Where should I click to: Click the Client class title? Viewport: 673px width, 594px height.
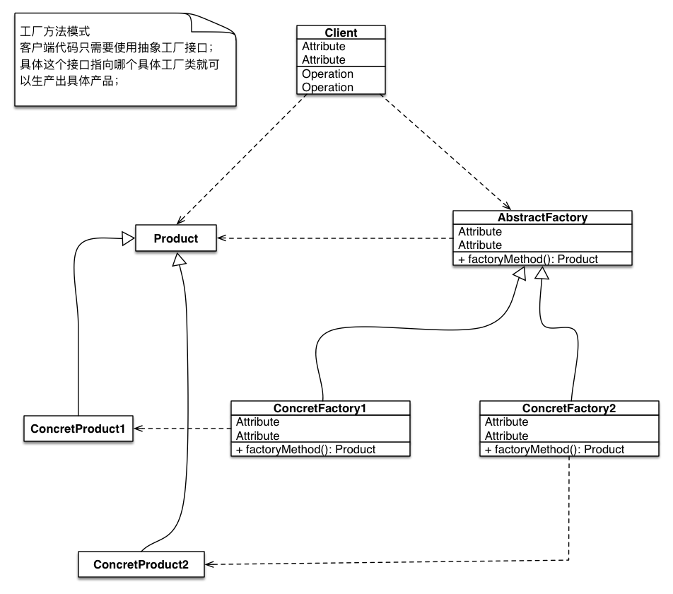pyautogui.click(x=341, y=33)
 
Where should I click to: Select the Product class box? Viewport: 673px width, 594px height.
pyautogui.click(x=175, y=238)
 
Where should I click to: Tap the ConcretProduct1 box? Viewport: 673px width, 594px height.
pyautogui.click(x=78, y=429)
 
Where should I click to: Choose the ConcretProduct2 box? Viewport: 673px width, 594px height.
pyautogui.click(x=141, y=564)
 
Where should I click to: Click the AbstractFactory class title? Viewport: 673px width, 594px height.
pyautogui.click(x=542, y=218)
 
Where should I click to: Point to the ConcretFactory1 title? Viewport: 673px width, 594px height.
pyautogui.click(x=320, y=408)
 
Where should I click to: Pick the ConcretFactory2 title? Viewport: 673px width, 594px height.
pyautogui.click(x=568, y=408)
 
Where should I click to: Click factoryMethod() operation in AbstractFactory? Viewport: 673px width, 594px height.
pyautogui.click(x=527, y=259)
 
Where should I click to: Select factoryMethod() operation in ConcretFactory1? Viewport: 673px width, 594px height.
pyautogui.click(x=305, y=449)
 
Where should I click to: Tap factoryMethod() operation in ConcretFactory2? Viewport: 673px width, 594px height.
pyautogui.click(x=554, y=449)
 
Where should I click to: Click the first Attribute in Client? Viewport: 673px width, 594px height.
pyautogui.click(x=324, y=46)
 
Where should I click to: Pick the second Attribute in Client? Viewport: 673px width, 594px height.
pyautogui.click(x=324, y=59)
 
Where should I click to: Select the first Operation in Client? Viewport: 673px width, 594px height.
pyautogui.click(x=327, y=74)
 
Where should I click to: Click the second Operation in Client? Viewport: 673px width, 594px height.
pyautogui.click(x=327, y=87)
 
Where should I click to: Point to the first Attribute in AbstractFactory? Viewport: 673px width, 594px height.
pyautogui.click(x=480, y=231)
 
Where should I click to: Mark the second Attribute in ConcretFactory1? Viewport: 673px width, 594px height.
pyautogui.click(x=257, y=436)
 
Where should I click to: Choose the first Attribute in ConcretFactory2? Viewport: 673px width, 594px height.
pyautogui.click(x=506, y=421)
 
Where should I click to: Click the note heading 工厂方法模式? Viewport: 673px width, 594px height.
pyautogui.click(x=55, y=32)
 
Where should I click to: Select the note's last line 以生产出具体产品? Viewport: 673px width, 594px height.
pyautogui.click(x=69, y=80)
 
